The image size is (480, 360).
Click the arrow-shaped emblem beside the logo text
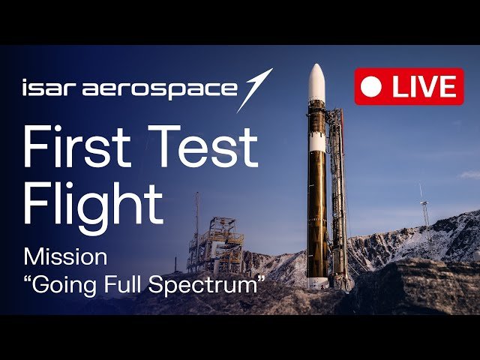tap(255, 90)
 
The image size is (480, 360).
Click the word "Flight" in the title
tap(93, 205)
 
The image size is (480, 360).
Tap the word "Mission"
tap(65, 257)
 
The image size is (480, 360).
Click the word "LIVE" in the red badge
tap(424, 87)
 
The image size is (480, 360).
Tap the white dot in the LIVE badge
tap(371, 87)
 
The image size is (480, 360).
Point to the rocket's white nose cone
tap(316, 82)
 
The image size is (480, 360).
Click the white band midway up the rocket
tap(317, 144)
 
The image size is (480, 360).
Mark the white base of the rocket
tap(317, 283)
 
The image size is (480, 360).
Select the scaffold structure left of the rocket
tap(216, 245)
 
